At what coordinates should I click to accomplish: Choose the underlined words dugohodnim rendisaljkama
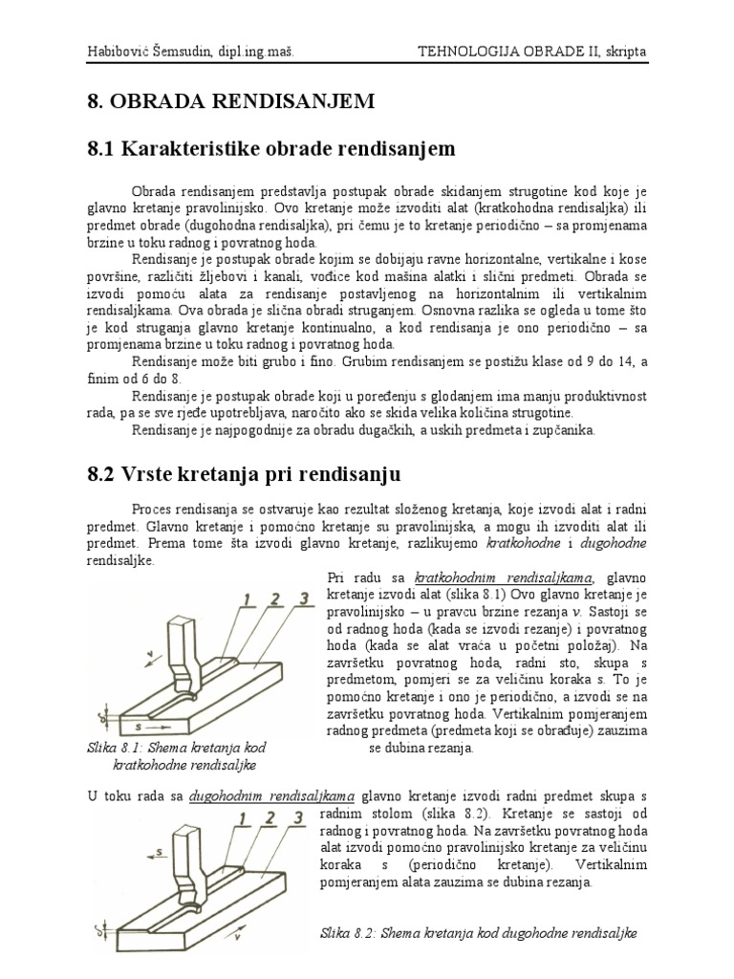coord(272,795)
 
